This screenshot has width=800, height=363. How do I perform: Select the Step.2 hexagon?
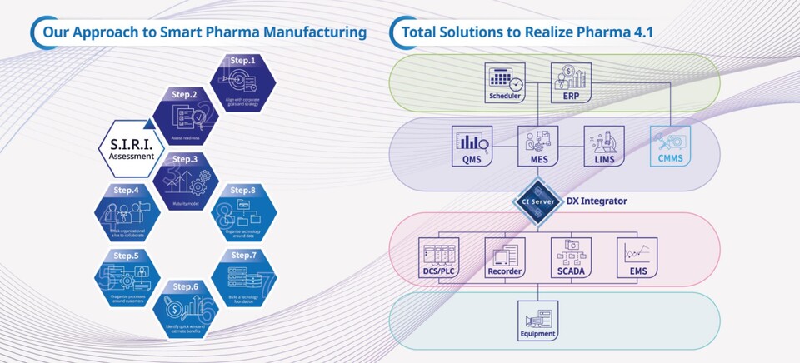click(184, 115)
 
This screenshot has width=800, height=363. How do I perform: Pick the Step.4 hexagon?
click(127, 214)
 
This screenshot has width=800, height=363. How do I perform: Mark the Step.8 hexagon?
click(243, 213)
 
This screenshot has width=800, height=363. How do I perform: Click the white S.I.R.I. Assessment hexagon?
click(127, 149)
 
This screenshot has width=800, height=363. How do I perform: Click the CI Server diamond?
click(538, 201)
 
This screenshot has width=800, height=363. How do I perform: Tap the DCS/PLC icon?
click(439, 258)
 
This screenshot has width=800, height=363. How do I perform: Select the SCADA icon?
click(572, 258)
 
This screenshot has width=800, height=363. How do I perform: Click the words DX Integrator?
click(597, 201)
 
